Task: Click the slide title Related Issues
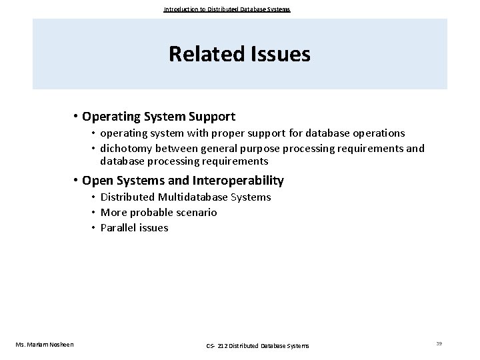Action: click(x=239, y=54)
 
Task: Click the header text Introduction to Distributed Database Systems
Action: click(x=227, y=9)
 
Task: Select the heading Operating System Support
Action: click(x=159, y=117)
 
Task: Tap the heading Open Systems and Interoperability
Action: click(x=183, y=181)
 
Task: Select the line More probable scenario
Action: click(x=159, y=212)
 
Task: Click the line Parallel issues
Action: click(x=134, y=227)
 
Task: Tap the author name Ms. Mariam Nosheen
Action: click(x=45, y=344)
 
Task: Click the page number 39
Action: click(x=439, y=343)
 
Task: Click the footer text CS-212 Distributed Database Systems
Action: click(x=257, y=345)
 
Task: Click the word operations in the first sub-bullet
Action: click(x=379, y=133)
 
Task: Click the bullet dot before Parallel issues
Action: click(x=94, y=228)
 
